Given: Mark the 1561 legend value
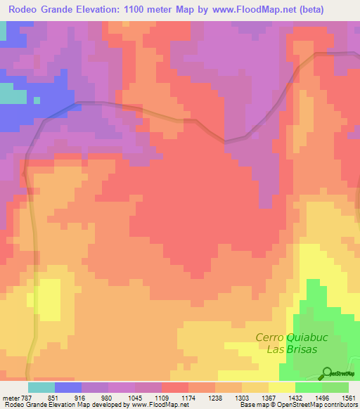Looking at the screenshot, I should click(349, 397).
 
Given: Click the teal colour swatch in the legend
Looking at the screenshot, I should click(41, 387).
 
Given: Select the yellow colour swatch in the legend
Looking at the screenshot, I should click(281, 387).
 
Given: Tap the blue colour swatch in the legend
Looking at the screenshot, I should click(68, 387).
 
